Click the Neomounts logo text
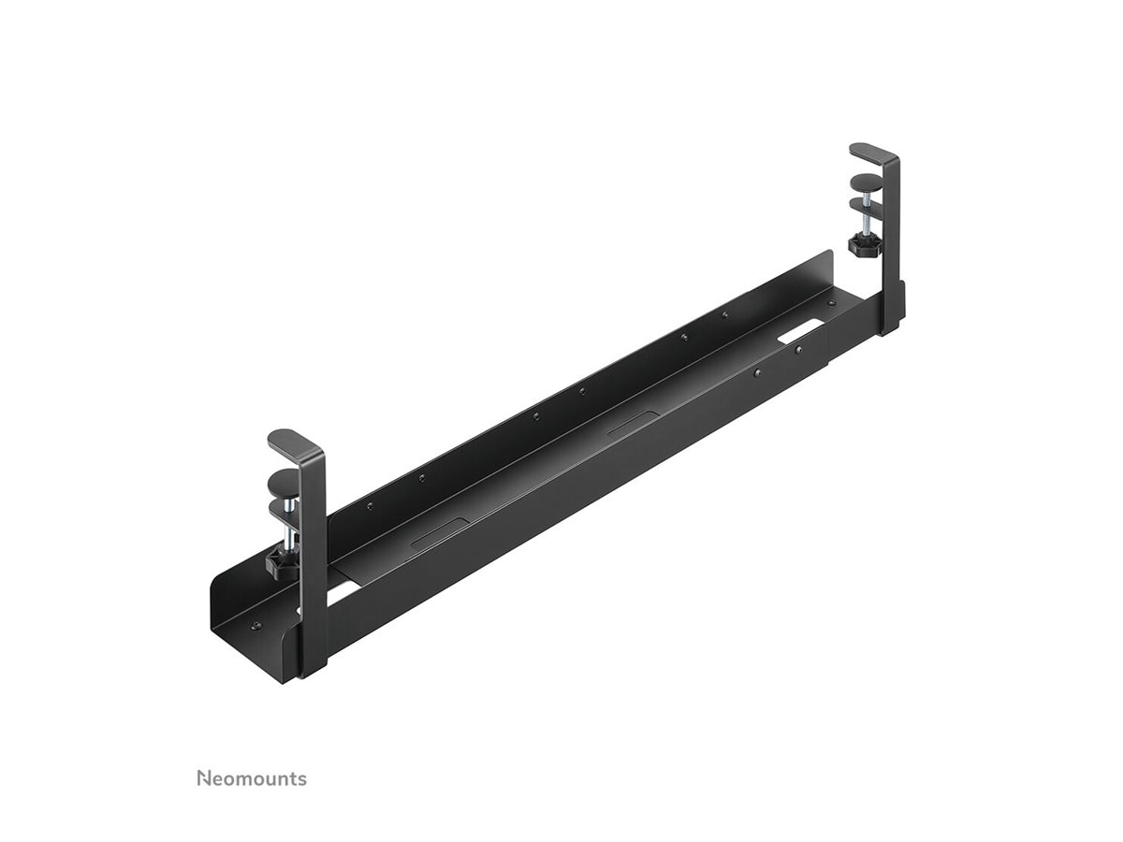pyautogui.click(x=252, y=778)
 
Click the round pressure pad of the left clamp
pyautogui.click(x=283, y=484)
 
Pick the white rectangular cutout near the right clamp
pyautogui.click(x=802, y=331)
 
